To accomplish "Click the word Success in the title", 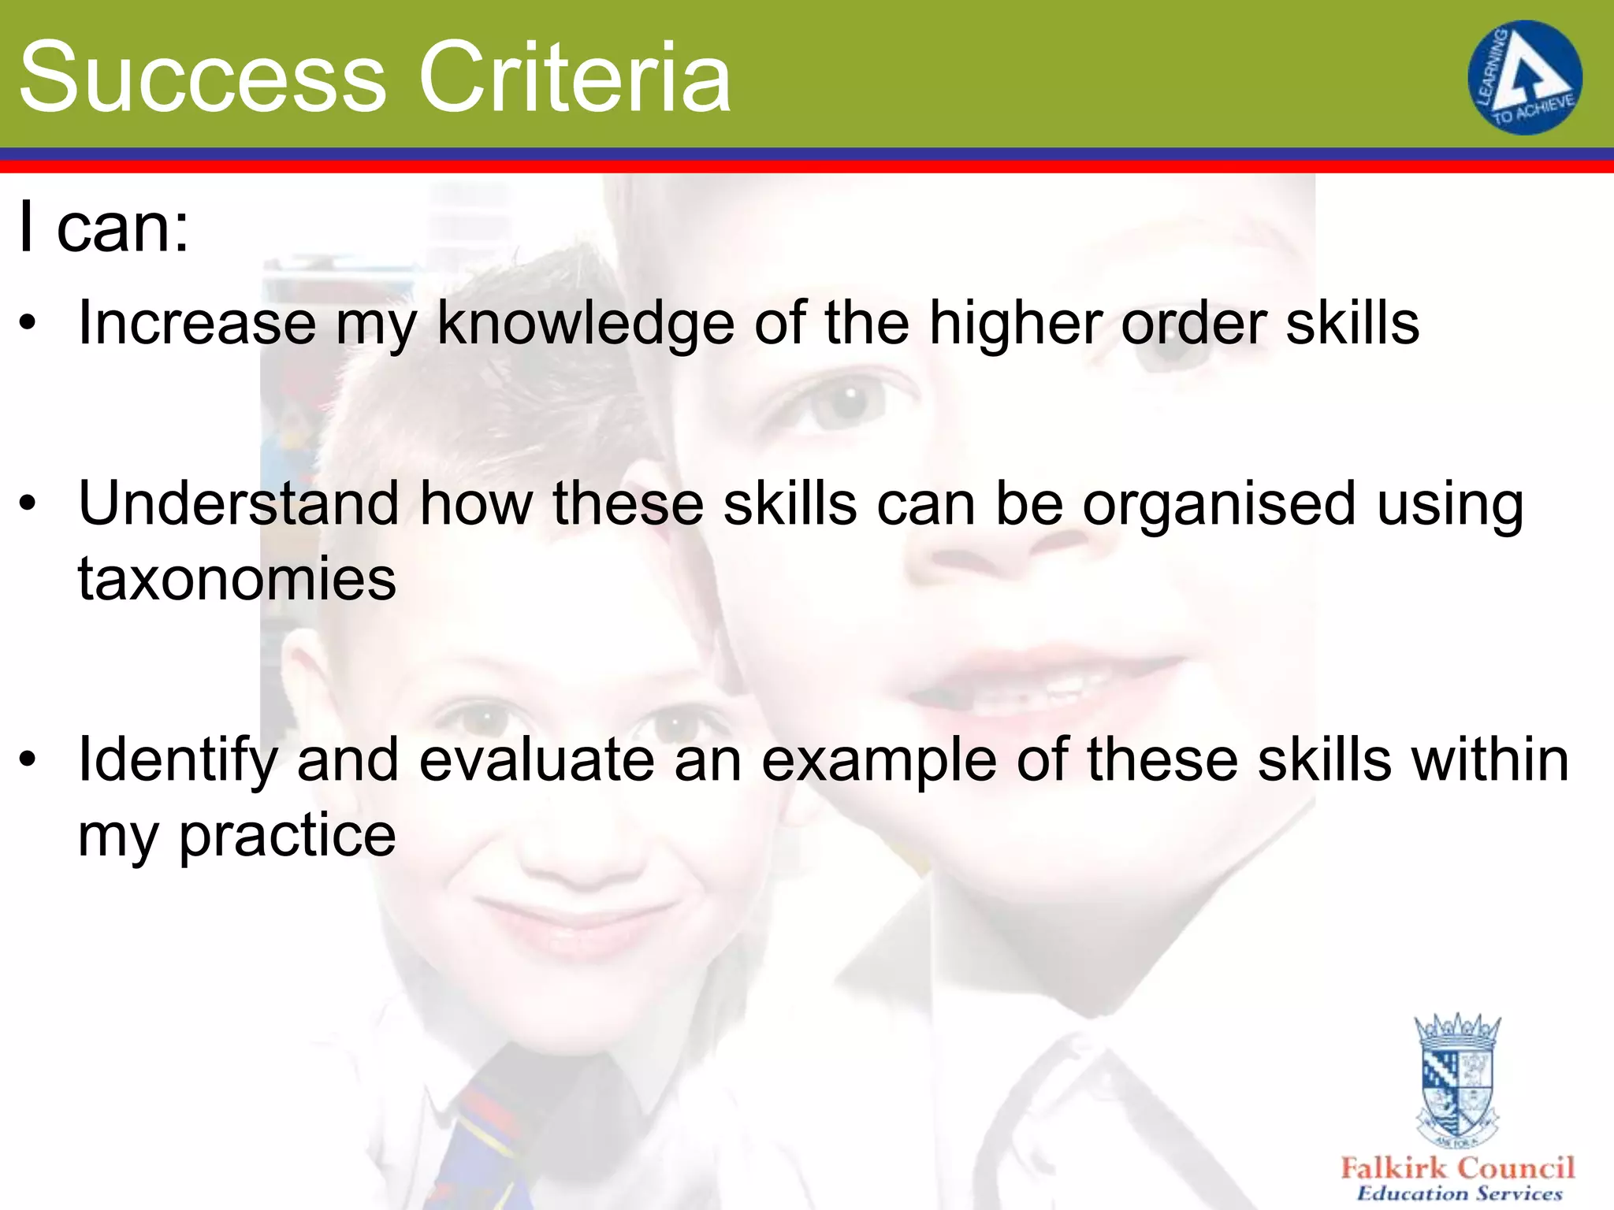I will (203, 77).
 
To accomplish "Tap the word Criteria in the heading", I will (575, 77).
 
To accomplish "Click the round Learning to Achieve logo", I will (1524, 77).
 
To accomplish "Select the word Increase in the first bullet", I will (197, 322).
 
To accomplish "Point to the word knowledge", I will (586, 324).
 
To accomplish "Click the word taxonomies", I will (236, 578).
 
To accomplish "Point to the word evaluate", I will (539, 759).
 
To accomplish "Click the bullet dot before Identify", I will (28, 759).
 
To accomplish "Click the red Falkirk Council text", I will (1457, 1167).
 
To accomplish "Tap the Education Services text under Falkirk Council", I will (1459, 1193).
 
